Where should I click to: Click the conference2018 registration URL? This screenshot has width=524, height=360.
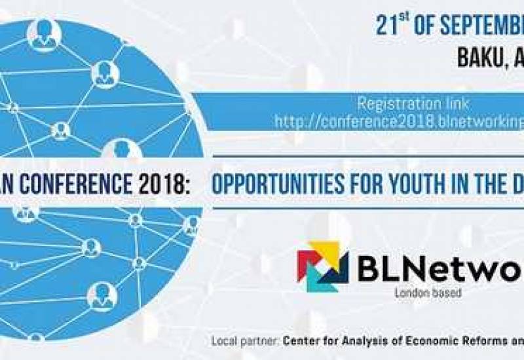tap(399, 121)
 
